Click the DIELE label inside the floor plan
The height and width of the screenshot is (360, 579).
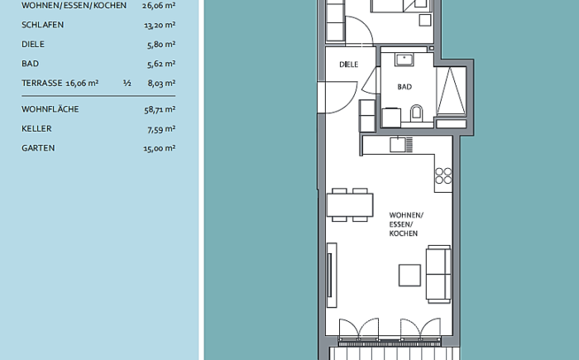click(x=348, y=65)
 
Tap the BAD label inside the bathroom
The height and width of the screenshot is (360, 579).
click(x=404, y=87)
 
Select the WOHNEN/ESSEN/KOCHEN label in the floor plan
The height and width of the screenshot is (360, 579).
click(x=406, y=224)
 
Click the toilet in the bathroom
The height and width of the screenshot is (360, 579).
click(x=416, y=113)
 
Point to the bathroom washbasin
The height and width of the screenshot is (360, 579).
click(x=404, y=60)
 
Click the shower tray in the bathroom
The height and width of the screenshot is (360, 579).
click(x=452, y=91)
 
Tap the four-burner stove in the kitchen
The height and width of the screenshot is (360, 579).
click(x=443, y=175)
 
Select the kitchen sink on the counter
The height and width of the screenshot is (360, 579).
click(x=401, y=144)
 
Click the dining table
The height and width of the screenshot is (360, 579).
click(x=350, y=205)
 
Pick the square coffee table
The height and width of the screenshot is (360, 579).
click(x=409, y=276)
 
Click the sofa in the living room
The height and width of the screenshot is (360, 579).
click(x=438, y=274)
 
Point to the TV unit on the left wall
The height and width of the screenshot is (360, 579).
click(x=332, y=275)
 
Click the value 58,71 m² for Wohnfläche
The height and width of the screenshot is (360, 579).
click(x=160, y=109)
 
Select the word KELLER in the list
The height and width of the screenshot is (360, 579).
click(x=36, y=128)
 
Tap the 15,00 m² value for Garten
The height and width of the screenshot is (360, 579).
click(x=159, y=148)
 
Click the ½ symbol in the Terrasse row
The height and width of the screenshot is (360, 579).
click(x=127, y=83)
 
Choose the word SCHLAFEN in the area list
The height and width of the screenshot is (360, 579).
click(x=42, y=25)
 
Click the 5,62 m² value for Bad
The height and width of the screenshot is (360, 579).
click(x=161, y=64)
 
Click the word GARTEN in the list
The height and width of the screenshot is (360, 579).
click(x=38, y=148)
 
